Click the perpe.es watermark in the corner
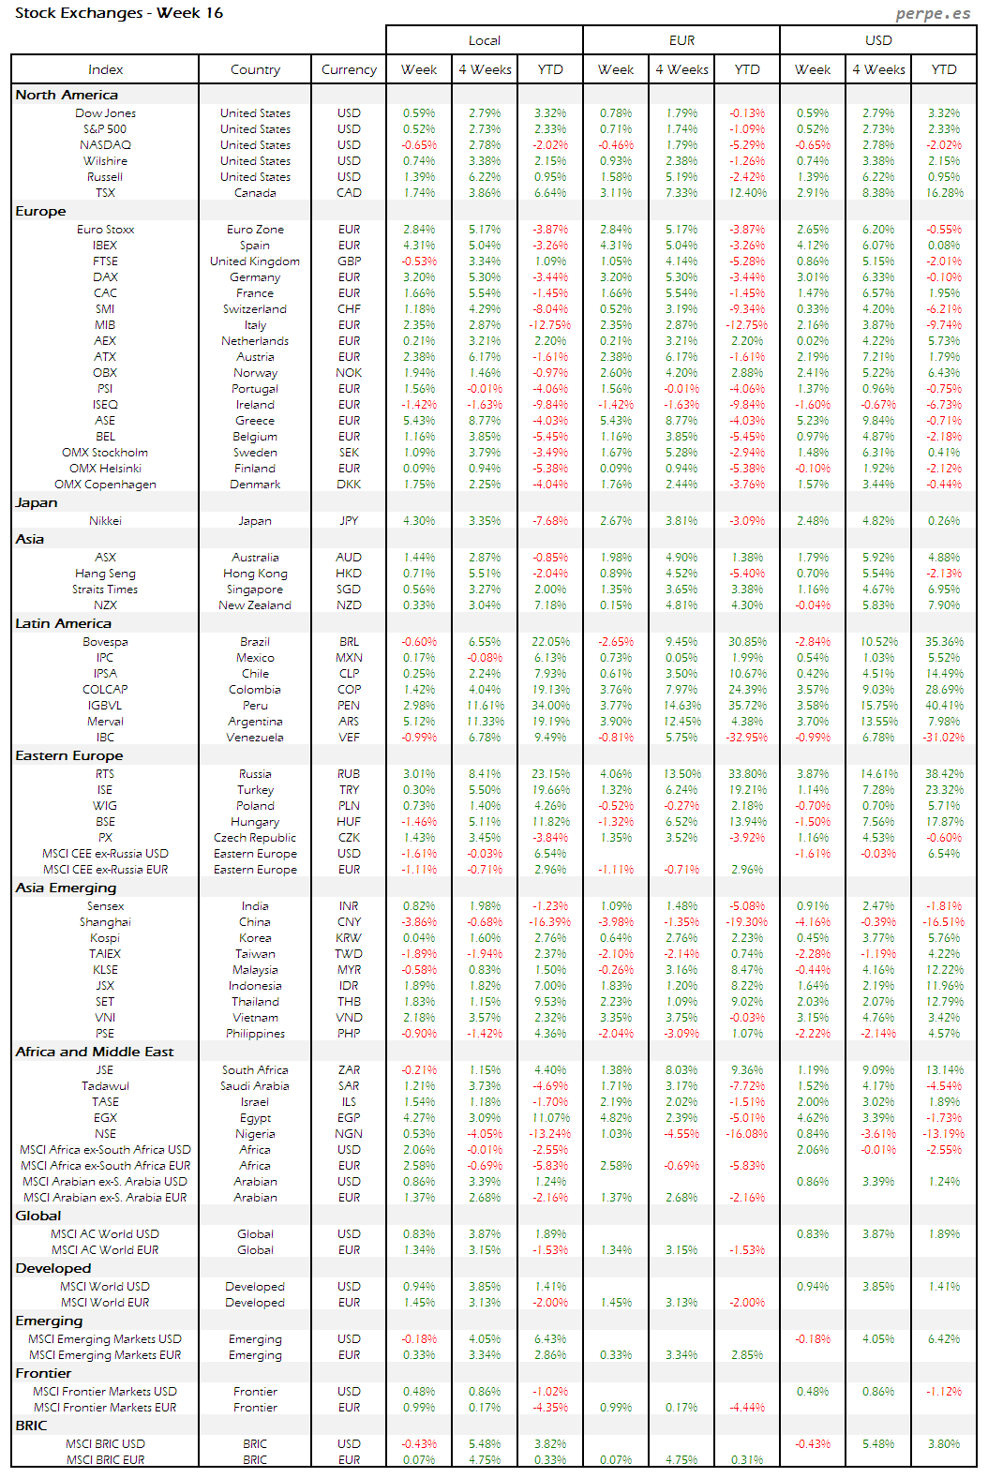point(933,13)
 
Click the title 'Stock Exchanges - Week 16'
point(119,13)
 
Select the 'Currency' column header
point(349,69)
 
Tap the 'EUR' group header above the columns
point(681,40)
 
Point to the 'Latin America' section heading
point(63,623)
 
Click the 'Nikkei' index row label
point(105,521)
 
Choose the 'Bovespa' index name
point(105,642)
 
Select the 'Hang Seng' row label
point(105,574)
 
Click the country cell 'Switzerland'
point(255,309)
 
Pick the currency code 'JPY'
point(349,521)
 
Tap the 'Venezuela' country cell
point(255,738)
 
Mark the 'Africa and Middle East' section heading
point(95,1052)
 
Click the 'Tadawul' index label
point(105,1086)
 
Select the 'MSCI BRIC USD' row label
point(105,1444)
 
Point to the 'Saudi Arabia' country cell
point(255,1086)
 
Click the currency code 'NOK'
point(349,373)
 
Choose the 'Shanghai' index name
point(105,922)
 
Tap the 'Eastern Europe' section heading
point(69,755)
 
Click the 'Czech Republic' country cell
point(255,838)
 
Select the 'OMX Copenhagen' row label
point(105,485)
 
